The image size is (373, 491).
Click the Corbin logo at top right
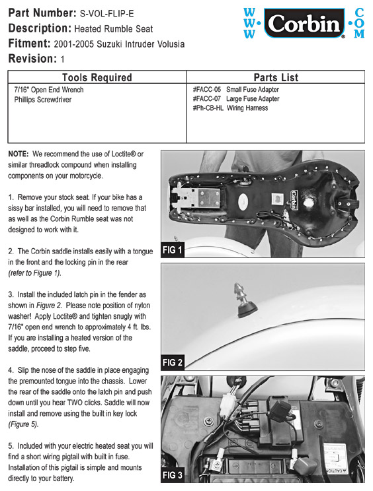304,24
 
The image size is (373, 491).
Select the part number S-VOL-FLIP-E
106,14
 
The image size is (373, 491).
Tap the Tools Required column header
97,77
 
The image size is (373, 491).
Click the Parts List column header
276,77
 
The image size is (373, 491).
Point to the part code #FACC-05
207,90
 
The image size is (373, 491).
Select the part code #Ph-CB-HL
208,108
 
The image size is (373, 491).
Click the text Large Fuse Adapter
253,98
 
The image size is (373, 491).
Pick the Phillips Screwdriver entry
43,100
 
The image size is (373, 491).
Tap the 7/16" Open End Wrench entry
49,90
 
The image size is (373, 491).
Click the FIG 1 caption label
172,250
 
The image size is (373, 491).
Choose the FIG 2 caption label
172,362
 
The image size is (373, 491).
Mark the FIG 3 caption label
172,475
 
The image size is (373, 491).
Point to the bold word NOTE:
19,154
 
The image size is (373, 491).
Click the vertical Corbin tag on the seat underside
294,199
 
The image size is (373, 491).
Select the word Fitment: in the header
29,43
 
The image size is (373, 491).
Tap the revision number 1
62,59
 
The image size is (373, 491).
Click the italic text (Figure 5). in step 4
23,424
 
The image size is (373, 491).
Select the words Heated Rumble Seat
114,29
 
